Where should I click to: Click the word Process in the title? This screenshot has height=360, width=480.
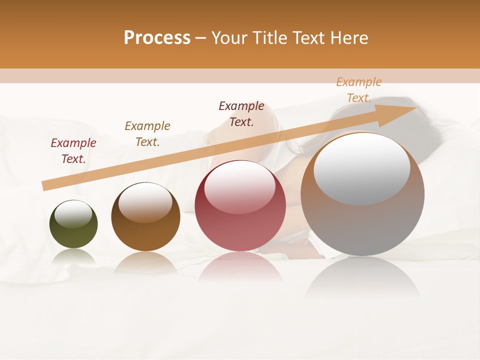pyautogui.click(x=157, y=38)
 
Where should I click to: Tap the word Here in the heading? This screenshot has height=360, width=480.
pyautogui.click(x=348, y=38)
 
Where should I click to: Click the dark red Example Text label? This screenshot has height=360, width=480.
pyautogui.click(x=73, y=151)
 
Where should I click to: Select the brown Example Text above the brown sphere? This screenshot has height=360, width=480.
pyautogui.click(x=147, y=134)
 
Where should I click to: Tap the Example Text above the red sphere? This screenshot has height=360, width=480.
pyautogui.click(x=241, y=114)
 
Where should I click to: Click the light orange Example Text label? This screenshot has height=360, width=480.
pyautogui.click(x=358, y=90)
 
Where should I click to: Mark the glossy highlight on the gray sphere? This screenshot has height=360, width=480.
pyautogui.click(x=361, y=169)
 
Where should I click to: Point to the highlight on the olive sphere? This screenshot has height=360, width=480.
pyautogui.click(x=73, y=213)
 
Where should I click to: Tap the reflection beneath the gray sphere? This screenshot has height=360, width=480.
pyautogui.click(x=362, y=277)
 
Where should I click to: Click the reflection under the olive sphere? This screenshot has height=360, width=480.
pyautogui.click(x=73, y=256)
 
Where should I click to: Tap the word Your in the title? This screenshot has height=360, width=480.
pyautogui.click(x=229, y=38)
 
